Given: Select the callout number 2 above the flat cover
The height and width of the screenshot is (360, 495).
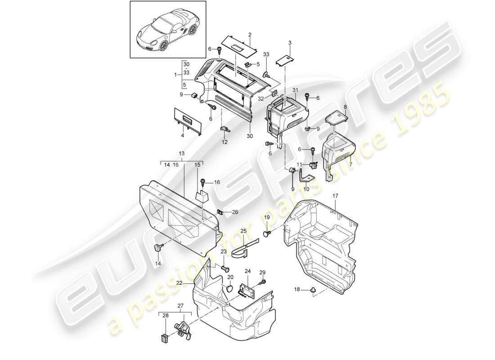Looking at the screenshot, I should [x=250, y=34].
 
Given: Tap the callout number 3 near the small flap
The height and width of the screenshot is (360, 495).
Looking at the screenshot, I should [x=290, y=43].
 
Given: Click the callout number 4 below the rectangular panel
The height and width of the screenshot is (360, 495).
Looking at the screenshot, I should [x=183, y=135].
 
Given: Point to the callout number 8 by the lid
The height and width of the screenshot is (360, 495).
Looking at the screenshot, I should [x=345, y=107].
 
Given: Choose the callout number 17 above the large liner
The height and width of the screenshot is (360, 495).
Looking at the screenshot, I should [x=335, y=196].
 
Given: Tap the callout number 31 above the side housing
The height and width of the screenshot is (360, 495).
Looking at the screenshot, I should [x=296, y=90].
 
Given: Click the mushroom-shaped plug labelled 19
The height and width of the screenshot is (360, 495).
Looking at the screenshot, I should [x=267, y=233].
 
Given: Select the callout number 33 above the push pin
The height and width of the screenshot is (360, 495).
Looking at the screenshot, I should [x=266, y=54].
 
